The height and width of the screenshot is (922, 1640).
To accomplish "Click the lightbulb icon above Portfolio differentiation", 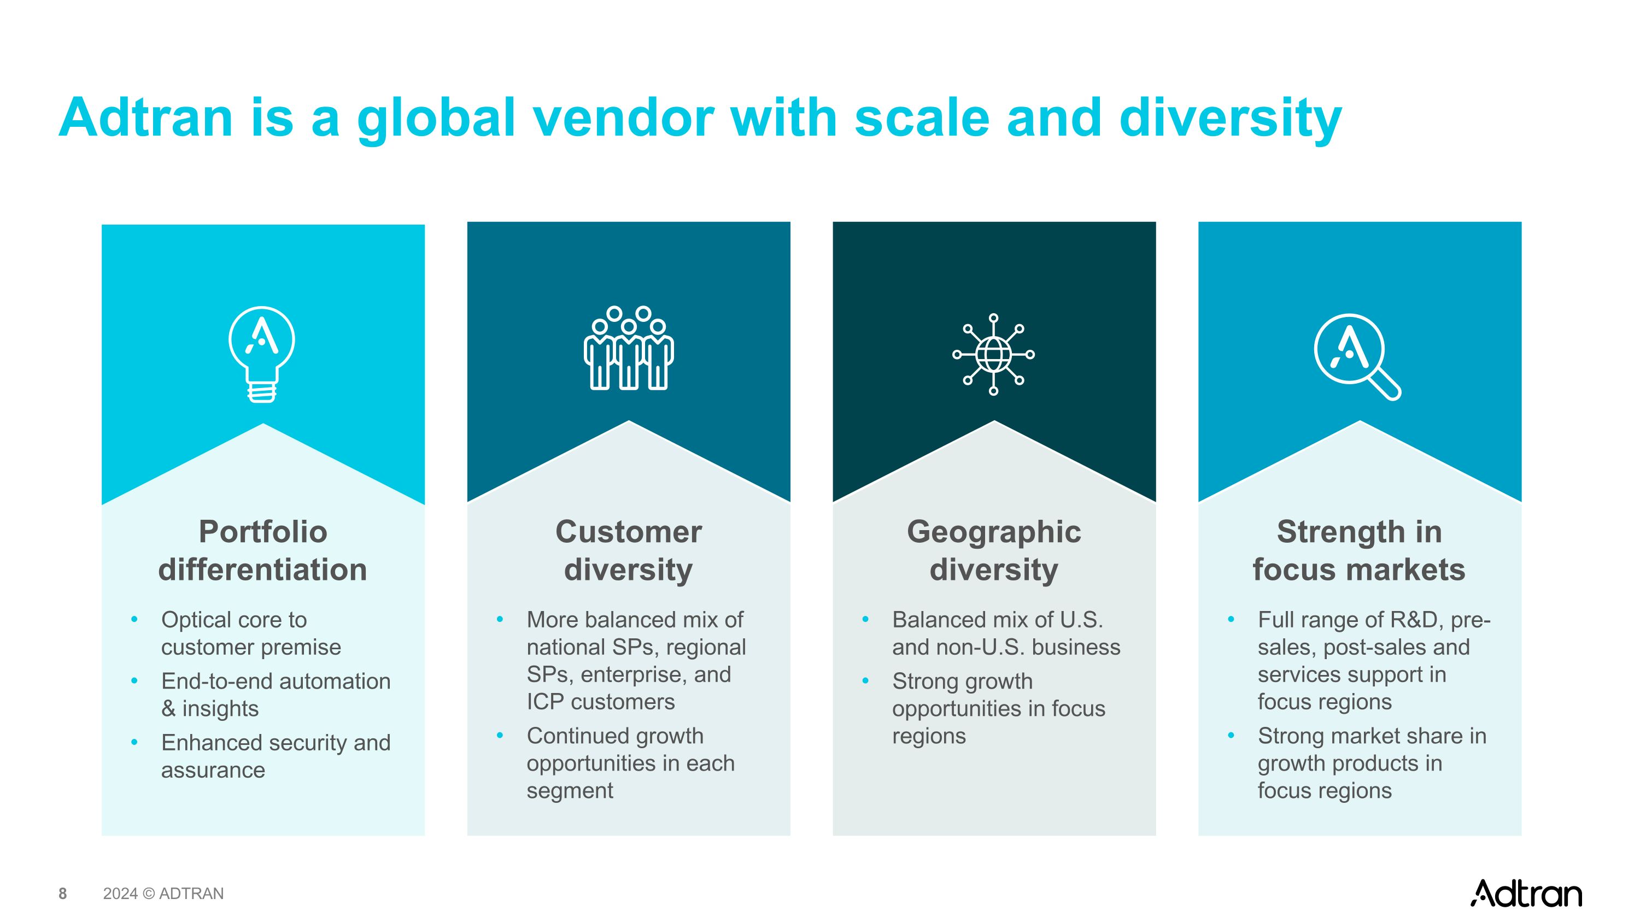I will click(262, 354).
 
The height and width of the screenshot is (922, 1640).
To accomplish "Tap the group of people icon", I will click(628, 348).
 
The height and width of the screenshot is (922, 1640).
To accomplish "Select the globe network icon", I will click(993, 354).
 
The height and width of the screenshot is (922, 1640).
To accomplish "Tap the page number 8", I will click(62, 894).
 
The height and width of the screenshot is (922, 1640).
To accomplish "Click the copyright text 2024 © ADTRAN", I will click(163, 894).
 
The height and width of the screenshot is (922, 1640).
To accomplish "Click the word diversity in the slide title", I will click(1230, 119).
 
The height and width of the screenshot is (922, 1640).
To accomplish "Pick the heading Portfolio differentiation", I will click(263, 550).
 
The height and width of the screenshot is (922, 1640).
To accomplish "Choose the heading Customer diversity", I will click(628, 550).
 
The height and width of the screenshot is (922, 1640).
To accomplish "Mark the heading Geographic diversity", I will click(994, 550).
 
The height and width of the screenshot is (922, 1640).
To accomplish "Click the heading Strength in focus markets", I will click(1359, 550).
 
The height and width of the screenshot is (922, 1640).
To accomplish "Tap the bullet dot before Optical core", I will click(134, 619).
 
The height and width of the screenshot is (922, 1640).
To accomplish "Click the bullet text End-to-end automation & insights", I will click(275, 694).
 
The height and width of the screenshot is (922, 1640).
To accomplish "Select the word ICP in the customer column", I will click(545, 701).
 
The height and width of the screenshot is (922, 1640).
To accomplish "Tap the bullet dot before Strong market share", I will click(1231, 736).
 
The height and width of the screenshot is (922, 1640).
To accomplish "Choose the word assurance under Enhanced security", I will click(213, 770).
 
